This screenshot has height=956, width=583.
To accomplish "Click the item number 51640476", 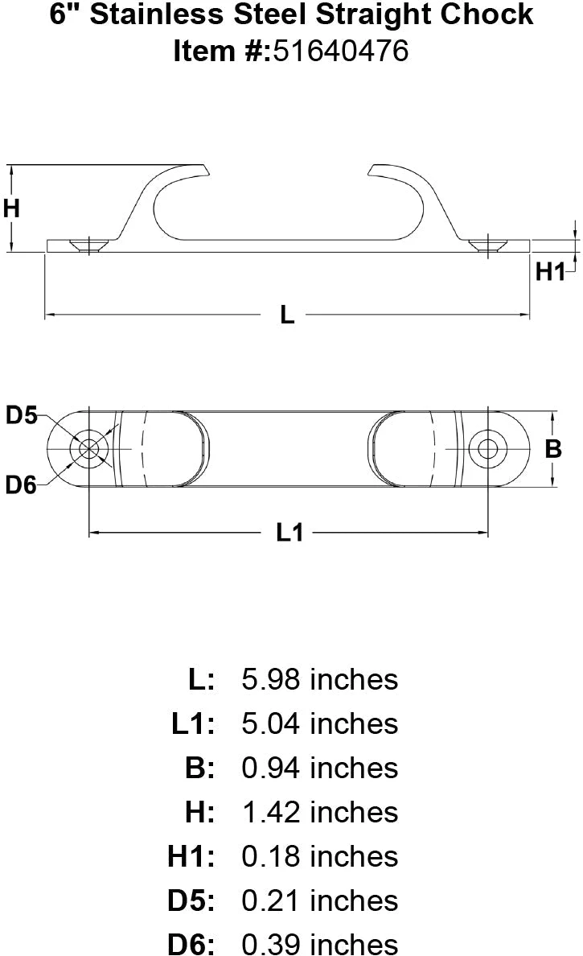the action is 340,51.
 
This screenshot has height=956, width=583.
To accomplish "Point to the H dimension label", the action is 11,208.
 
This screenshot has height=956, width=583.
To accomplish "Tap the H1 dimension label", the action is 550,272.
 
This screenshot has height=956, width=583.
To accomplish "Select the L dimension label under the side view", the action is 287,315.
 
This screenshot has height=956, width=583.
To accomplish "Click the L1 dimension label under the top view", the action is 289,532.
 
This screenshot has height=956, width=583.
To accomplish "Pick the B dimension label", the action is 553,449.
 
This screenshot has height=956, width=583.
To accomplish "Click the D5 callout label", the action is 22,415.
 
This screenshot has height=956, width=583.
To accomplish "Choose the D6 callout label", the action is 22,485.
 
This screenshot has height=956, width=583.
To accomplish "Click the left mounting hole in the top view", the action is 89,449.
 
